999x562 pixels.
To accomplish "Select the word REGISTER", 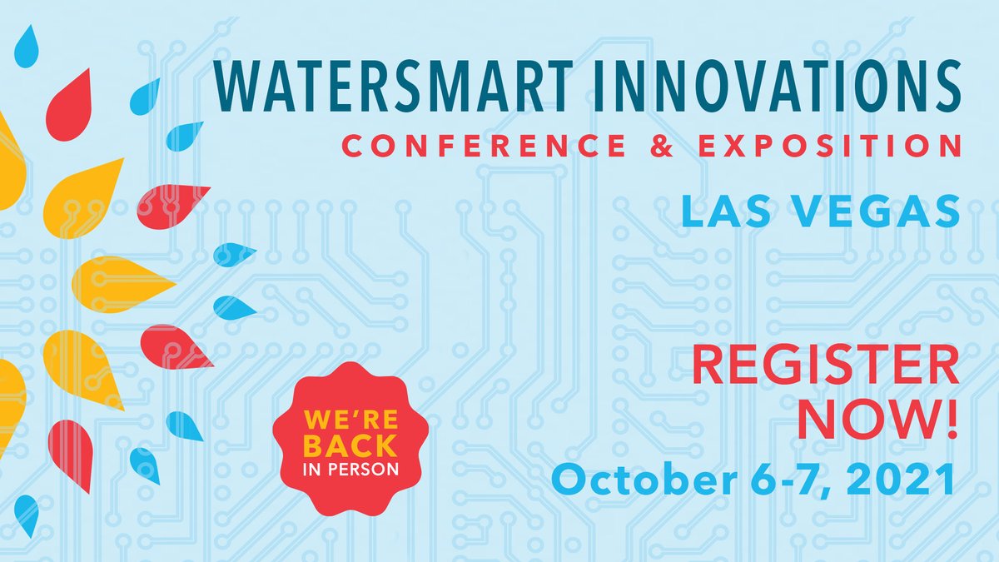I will [825, 367].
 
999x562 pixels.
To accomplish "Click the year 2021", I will [901, 480].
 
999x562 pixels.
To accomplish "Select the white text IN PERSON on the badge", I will [338, 467].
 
